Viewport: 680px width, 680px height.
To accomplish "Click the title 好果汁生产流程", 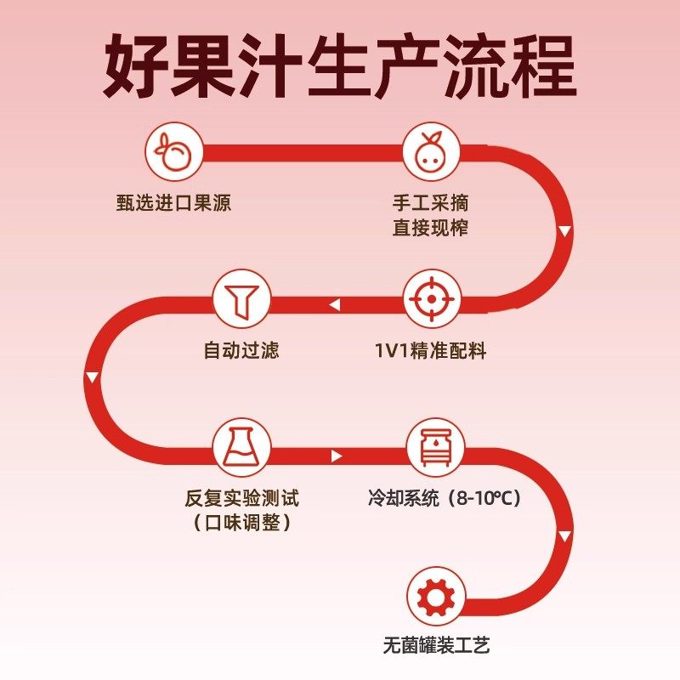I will [x=340, y=66].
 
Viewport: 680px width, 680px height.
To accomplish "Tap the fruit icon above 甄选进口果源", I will [x=173, y=153].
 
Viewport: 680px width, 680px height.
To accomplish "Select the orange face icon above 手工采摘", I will [x=431, y=153].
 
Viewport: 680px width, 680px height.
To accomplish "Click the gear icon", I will [x=435, y=597].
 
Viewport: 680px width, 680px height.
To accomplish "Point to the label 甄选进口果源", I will [x=173, y=204].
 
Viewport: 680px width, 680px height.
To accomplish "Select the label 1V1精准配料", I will [x=431, y=351].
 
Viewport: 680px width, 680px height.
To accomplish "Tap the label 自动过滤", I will [x=241, y=351].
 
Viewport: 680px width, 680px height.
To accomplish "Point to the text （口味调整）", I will [x=241, y=522].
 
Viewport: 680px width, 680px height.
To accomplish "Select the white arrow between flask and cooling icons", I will [x=337, y=456].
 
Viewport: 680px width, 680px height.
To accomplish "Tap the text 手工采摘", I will [x=430, y=204].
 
